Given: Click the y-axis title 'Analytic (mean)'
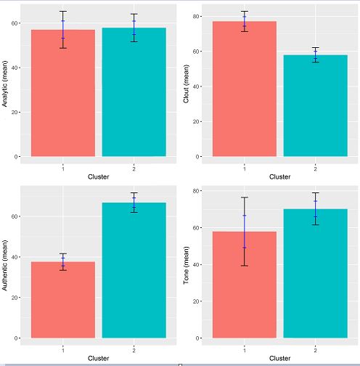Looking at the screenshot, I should point(6,83).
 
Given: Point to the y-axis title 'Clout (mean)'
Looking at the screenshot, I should point(187,83).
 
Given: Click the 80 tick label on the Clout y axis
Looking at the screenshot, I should point(196,16).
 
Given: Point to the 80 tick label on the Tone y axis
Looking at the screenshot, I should point(196,191).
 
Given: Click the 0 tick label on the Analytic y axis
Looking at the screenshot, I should point(17,157).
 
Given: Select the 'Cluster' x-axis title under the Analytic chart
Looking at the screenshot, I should point(98,176).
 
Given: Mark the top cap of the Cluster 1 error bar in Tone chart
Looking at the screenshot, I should point(245,198).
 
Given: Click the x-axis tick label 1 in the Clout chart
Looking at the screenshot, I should point(245,168).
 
